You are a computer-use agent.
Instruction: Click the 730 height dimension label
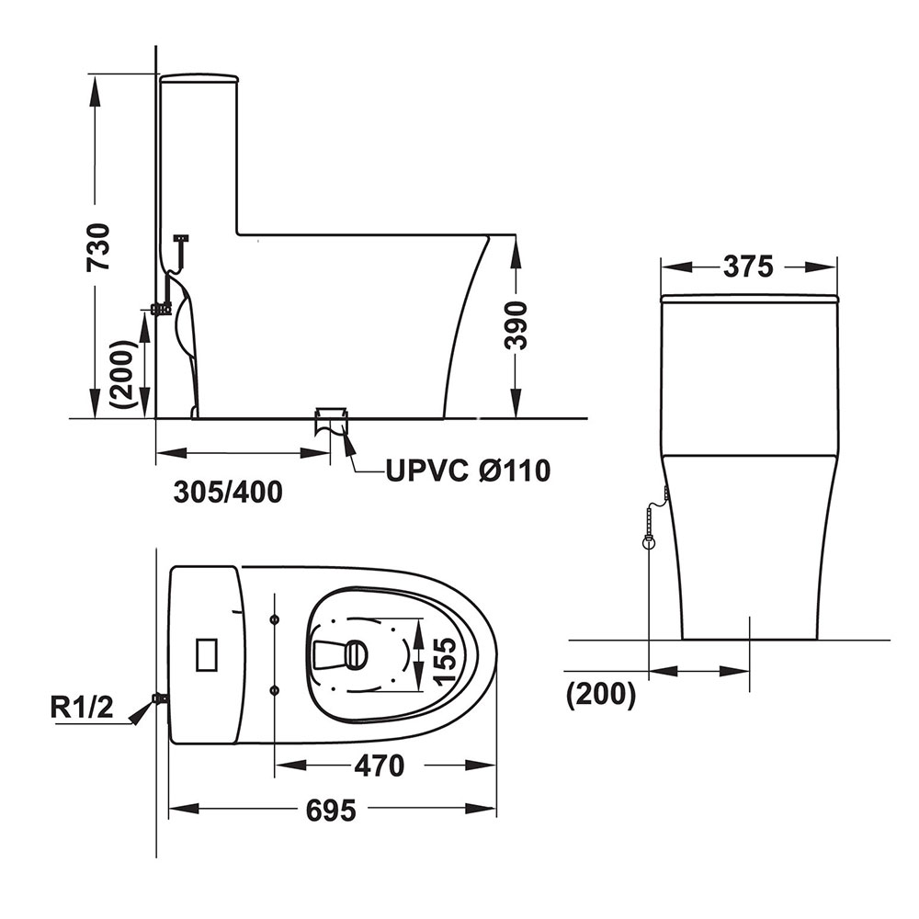click(x=98, y=246)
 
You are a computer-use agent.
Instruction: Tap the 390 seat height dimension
click(x=516, y=326)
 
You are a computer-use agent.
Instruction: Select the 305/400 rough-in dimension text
click(x=228, y=493)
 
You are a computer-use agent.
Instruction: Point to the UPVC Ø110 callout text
click(x=468, y=470)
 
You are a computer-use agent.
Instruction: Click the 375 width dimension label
click(x=748, y=267)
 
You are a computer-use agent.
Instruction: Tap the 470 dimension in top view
click(x=380, y=765)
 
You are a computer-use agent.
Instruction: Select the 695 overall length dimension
click(x=331, y=810)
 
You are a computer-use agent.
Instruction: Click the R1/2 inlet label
click(x=82, y=708)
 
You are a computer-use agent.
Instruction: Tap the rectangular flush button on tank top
click(x=206, y=654)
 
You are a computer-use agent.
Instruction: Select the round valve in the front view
click(x=648, y=542)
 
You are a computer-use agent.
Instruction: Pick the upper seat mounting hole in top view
click(x=275, y=619)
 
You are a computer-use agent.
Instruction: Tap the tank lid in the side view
click(x=199, y=77)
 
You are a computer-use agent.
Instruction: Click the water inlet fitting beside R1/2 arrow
click(x=159, y=698)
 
